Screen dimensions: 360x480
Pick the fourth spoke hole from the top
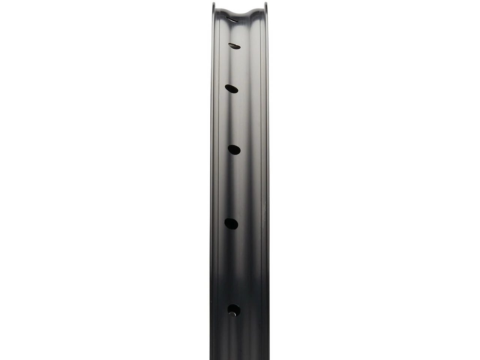[234, 149]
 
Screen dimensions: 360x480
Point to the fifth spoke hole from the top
[231, 223]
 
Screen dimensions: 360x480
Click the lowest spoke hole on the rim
[234, 309]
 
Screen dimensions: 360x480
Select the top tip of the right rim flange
[266, 3]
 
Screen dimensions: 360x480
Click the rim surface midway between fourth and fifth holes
[233, 186]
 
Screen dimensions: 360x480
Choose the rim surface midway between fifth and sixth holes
[232, 266]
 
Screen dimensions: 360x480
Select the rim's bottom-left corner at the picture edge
[211, 359]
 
